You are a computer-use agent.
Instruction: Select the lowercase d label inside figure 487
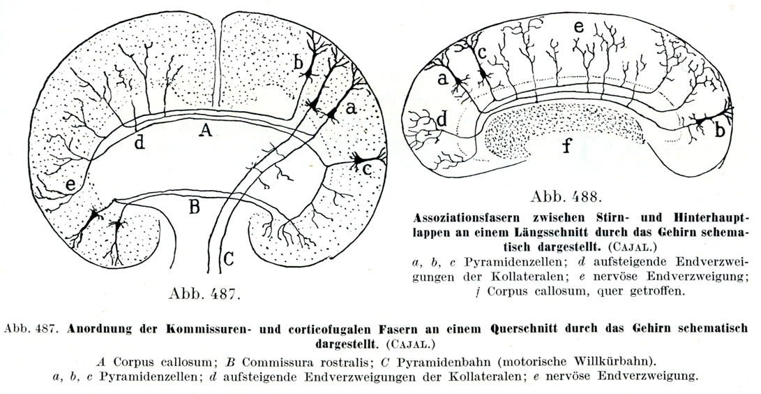point(140,143)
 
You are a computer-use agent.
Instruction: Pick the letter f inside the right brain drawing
point(566,147)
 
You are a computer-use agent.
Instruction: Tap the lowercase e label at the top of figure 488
point(578,29)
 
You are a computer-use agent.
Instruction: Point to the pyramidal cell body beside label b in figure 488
point(698,122)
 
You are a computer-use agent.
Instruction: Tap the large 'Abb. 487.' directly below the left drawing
point(202,293)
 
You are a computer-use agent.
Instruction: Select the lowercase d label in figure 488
point(442,119)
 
